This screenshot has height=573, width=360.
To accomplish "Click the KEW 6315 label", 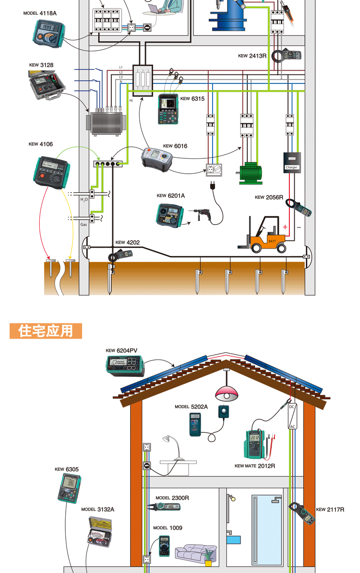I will [192, 99].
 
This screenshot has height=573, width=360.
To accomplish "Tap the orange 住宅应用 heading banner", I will [46, 331].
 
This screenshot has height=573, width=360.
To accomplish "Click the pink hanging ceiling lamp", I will [227, 394].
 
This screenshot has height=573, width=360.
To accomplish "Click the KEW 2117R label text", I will [330, 509].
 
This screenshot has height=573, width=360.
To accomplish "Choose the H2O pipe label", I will [84, 199].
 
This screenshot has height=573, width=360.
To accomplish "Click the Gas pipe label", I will [84, 224].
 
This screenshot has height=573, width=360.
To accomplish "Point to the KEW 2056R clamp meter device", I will [298, 207].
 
